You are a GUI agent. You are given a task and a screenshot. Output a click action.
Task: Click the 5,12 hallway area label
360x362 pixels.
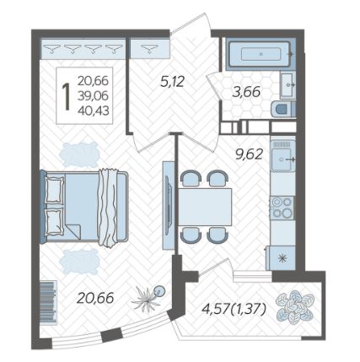tap(172, 82)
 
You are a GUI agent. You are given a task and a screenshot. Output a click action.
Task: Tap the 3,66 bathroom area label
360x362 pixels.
tap(246, 92)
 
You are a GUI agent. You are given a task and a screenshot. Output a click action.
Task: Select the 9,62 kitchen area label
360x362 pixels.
tap(250, 154)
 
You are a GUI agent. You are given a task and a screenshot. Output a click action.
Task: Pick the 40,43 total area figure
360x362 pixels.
tap(94, 111)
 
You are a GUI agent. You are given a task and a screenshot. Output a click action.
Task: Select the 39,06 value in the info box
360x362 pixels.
tap(94, 96)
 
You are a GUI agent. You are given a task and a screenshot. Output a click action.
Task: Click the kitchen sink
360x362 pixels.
tap(282, 159)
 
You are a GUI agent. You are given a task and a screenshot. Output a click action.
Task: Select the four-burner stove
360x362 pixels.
tap(282, 208)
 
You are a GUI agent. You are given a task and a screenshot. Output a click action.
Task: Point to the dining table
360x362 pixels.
tap(205, 207)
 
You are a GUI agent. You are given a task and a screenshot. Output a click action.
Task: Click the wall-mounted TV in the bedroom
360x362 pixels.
tap(168, 205)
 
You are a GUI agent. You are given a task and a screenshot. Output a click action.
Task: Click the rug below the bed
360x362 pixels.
tap(79, 262)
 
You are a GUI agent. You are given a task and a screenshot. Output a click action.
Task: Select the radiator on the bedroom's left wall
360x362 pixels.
tap(49, 302)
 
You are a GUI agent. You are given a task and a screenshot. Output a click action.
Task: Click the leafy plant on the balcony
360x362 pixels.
tap(294, 305)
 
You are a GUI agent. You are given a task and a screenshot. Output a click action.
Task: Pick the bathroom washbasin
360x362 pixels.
tap(287, 84)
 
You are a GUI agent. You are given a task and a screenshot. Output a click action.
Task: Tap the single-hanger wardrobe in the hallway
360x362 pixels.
tap(149, 48)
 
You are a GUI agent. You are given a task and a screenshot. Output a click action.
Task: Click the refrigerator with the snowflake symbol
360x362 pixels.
tap(282, 258)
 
